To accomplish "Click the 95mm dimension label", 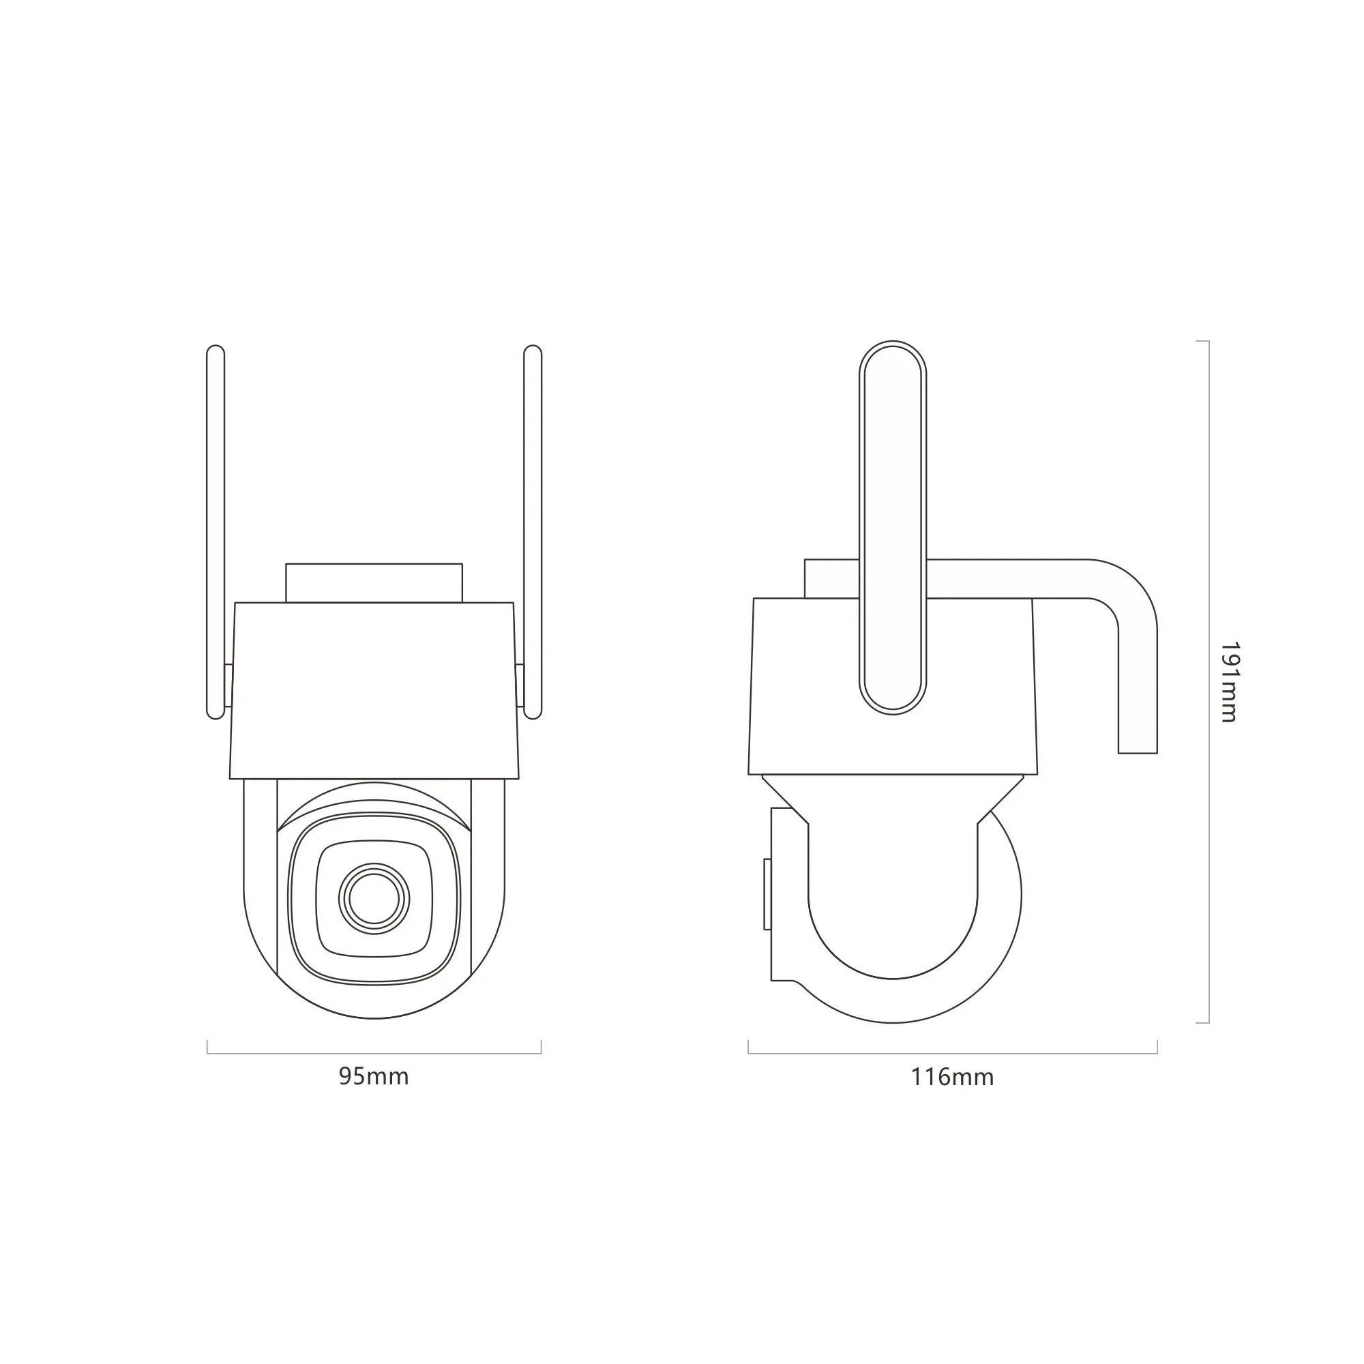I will pos(374,1077).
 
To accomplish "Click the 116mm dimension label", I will pos(951,1078).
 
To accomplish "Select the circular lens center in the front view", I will pos(374,899).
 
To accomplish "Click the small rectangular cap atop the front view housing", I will pos(374,583).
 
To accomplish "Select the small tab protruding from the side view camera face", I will pos(767,894).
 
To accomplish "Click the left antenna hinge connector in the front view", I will pos(228,685).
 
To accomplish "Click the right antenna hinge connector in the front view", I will pos(520,685).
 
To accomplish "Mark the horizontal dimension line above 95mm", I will pos(374,1054).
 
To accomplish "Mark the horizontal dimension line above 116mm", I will pos(951,1054).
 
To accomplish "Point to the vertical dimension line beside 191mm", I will pos(1209,681).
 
